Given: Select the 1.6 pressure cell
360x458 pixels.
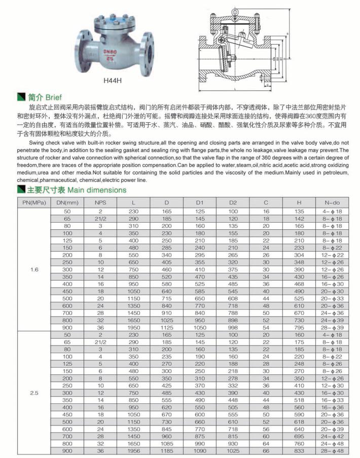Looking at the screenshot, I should click(x=34, y=270).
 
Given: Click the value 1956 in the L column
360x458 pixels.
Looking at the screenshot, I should click(x=133, y=451).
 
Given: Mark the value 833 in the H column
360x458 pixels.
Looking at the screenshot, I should click(x=299, y=451).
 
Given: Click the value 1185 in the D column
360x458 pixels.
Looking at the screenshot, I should click(x=166, y=451).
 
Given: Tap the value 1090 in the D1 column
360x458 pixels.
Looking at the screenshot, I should click(x=199, y=451).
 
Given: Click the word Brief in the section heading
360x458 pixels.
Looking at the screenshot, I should click(x=53, y=96).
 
